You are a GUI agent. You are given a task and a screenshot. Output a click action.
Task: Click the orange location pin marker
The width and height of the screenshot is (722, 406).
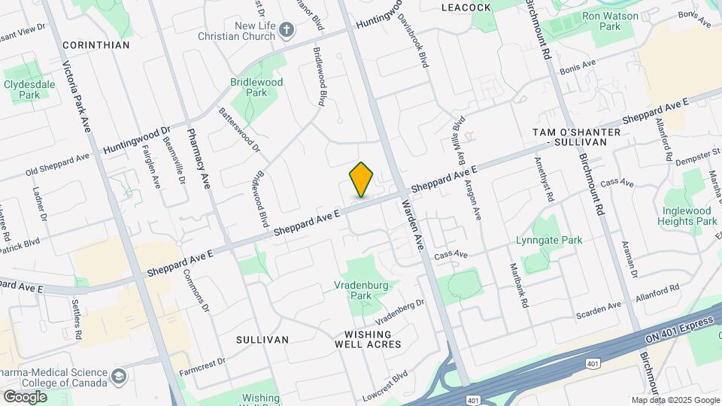click(362, 180)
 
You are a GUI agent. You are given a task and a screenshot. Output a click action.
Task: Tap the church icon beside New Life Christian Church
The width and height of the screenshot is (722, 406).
click(286, 30)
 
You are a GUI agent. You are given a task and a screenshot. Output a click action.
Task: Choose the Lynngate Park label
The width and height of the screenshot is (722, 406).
click(550, 241)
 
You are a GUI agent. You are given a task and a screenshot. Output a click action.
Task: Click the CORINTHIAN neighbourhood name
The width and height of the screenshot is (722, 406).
click(96, 45)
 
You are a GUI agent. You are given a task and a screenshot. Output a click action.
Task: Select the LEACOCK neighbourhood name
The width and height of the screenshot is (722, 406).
click(466, 8)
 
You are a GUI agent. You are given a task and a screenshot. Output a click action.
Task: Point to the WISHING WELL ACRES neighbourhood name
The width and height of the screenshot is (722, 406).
click(368, 339)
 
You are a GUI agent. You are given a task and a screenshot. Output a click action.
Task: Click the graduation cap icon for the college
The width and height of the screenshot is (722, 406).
click(118, 376)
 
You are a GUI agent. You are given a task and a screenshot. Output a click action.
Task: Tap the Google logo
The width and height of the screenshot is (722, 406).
click(25, 396)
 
